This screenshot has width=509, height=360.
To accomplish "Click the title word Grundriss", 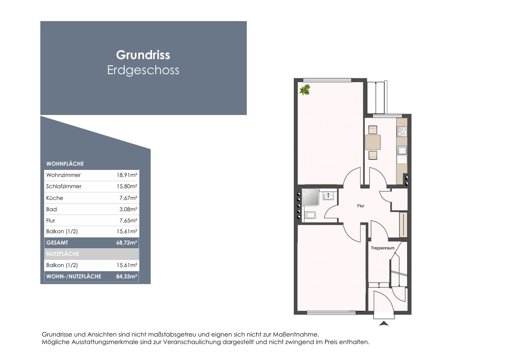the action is pos(143,55).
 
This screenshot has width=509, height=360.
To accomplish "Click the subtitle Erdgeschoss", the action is pos(143,70).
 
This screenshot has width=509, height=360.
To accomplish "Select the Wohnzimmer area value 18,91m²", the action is pos(127,175).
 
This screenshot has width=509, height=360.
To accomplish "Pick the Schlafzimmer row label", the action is pos(64,186).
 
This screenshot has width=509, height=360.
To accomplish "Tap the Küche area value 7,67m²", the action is pos(128,198).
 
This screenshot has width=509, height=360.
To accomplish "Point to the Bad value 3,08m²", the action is pos(128,209).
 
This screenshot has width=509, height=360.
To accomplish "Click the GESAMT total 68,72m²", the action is pos(127,243).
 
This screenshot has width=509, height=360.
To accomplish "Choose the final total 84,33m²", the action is pos(127,276).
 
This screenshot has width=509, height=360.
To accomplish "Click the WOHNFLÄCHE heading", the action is pos(65,164).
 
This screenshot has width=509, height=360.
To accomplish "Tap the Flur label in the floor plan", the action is pos(361,206).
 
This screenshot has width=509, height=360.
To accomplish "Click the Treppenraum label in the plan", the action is pos(383,248).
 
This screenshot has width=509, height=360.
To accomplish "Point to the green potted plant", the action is pos(305,90).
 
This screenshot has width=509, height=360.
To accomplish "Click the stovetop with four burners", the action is pos(402,131).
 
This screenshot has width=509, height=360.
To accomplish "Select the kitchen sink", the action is pos(402,151).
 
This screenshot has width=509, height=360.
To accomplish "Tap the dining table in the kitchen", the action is pos(372,142).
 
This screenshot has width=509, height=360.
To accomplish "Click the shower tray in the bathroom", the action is pos(311,197).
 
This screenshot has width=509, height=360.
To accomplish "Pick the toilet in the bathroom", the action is pos(311,215).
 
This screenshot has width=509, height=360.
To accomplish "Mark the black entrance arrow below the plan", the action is pos(384,323).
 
